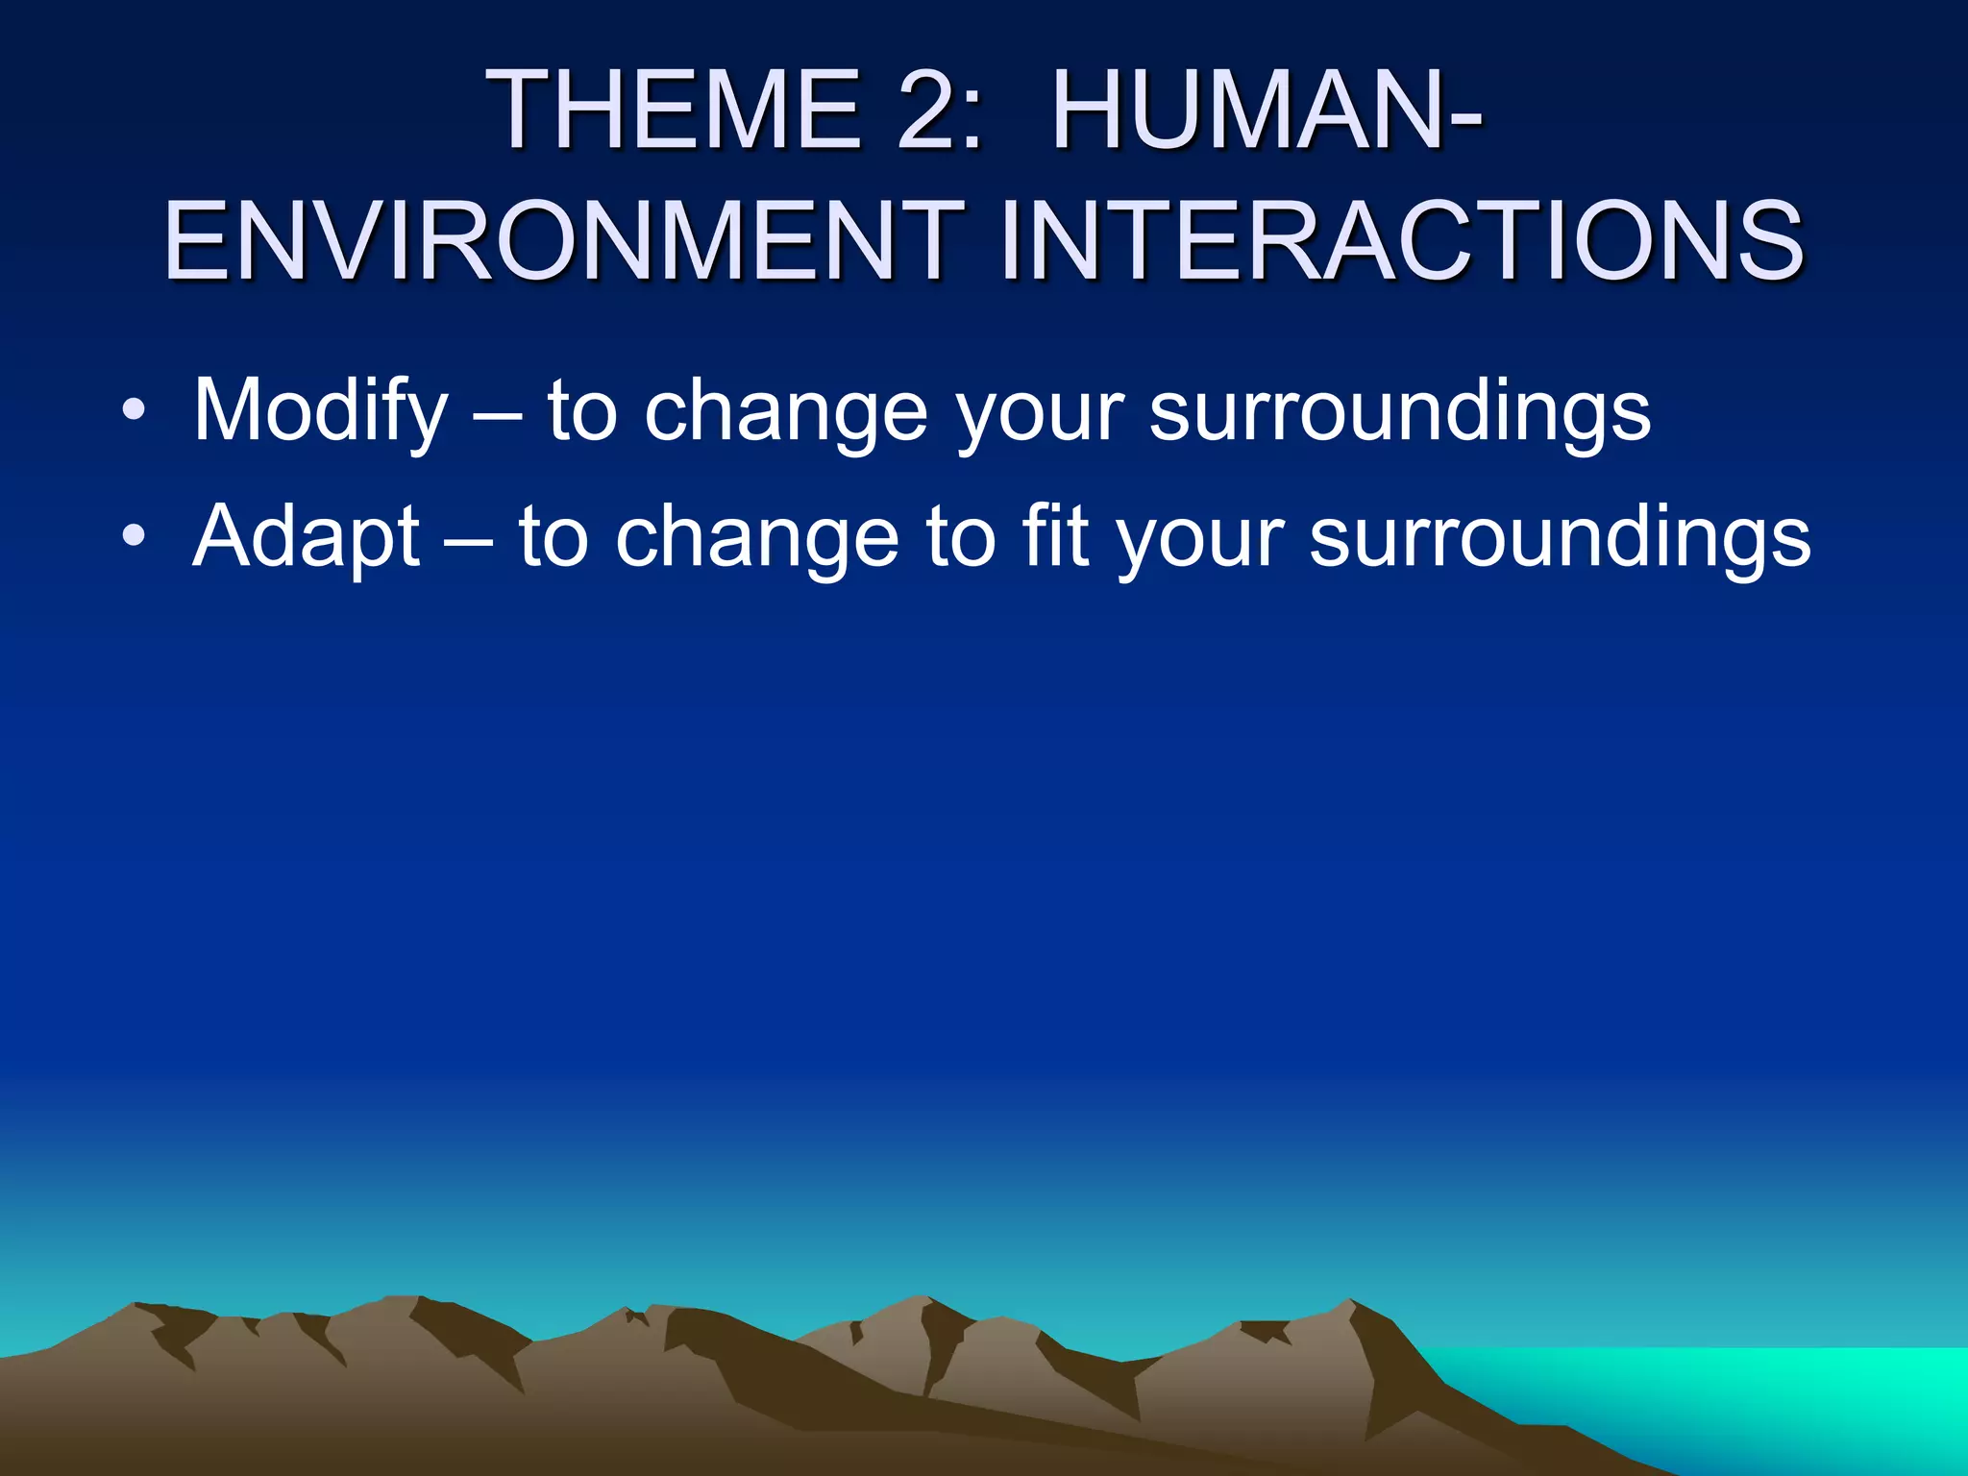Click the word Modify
[x=321, y=411]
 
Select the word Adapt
[x=307, y=538]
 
